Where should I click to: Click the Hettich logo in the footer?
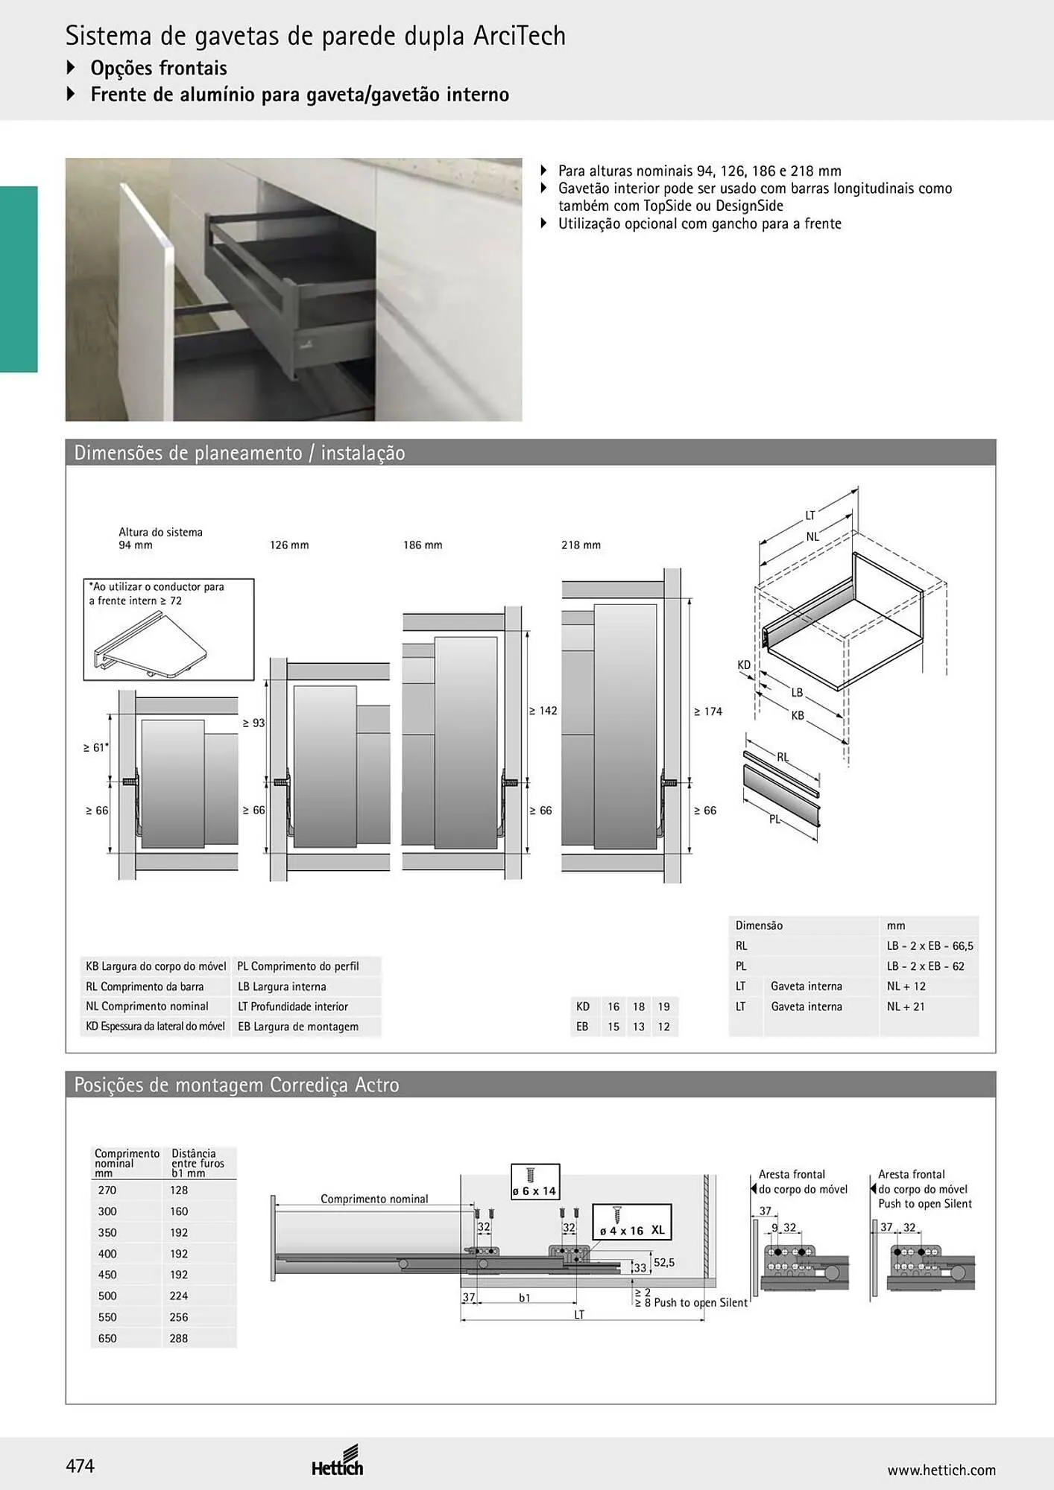(338, 1462)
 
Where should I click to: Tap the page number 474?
(81, 1466)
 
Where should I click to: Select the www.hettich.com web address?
(941, 1470)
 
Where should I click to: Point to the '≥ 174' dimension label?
(708, 711)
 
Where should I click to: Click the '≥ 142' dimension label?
(543, 711)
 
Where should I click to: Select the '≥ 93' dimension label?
(253, 723)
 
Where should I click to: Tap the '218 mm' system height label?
(581, 545)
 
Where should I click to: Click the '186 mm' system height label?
(423, 545)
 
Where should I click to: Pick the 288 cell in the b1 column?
(179, 1338)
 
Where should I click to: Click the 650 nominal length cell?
(107, 1338)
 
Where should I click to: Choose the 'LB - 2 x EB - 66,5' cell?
(930, 946)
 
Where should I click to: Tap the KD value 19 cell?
(663, 1006)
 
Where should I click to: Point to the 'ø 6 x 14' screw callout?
(534, 1182)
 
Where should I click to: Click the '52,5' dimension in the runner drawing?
(664, 1263)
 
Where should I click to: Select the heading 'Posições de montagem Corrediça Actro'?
(236, 1085)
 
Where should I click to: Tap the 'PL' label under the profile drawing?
(775, 819)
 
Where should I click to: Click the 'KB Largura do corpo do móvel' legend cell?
(156, 966)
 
